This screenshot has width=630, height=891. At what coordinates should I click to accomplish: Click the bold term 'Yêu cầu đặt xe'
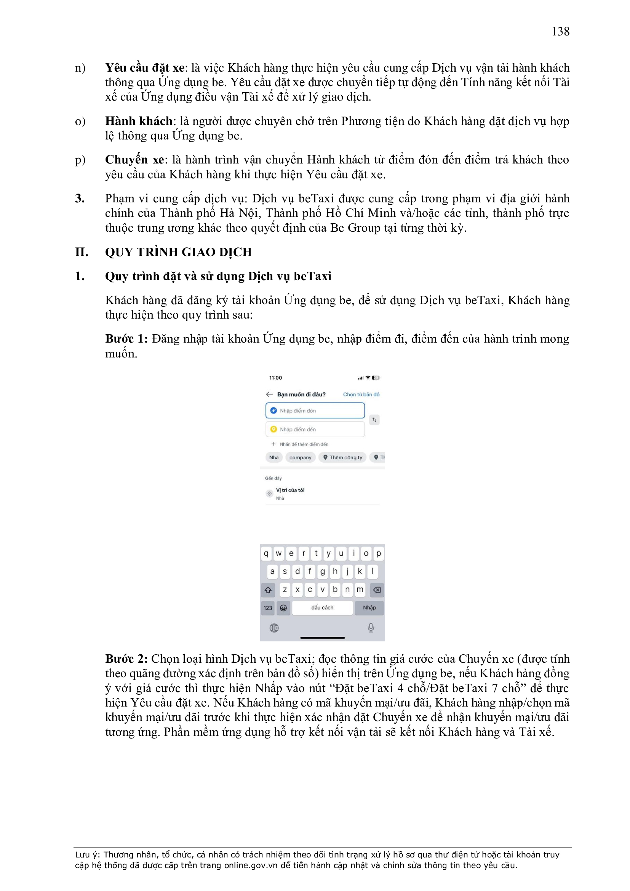pos(144,68)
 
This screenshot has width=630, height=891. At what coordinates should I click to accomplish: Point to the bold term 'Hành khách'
pos(139,121)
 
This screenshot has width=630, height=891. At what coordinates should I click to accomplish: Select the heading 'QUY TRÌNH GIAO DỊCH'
pos(178,252)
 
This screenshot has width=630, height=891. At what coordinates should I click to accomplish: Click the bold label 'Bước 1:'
pos(126,339)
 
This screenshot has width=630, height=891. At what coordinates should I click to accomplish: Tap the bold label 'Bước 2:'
pos(126,659)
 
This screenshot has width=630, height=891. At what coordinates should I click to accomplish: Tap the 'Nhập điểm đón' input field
pos(315,410)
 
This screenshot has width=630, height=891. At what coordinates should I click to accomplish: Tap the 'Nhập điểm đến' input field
pos(315,429)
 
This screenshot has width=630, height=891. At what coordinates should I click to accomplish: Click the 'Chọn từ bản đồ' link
pos(361,394)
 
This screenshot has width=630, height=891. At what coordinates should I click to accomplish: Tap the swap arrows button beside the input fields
pos(374,420)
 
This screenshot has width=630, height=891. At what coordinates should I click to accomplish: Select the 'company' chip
pos(300,458)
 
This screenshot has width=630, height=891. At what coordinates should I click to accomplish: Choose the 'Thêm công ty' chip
pos(343,458)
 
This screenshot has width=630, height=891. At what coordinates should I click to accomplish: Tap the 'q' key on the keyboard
pos(266,553)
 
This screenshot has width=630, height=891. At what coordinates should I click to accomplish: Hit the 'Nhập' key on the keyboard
pos(369,608)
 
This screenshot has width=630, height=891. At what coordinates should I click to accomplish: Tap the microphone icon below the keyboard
pos(371,628)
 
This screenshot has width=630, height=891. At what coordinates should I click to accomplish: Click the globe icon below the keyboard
pos(274,628)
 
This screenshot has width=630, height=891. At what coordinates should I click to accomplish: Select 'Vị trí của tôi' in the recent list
pos(290,490)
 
